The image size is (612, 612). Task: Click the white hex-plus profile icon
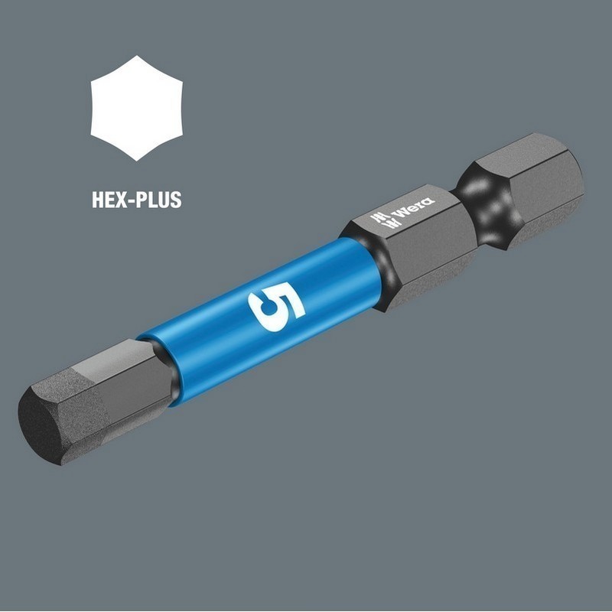(137, 108)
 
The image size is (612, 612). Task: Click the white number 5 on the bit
(276, 307)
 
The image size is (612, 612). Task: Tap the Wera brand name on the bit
(413, 207)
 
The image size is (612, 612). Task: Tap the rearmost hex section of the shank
(535, 184)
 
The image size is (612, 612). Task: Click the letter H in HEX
(98, 200)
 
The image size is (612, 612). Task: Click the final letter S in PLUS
(175, 200)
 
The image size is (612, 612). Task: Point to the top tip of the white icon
(137, 57)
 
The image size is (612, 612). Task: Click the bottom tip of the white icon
(137, 159)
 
